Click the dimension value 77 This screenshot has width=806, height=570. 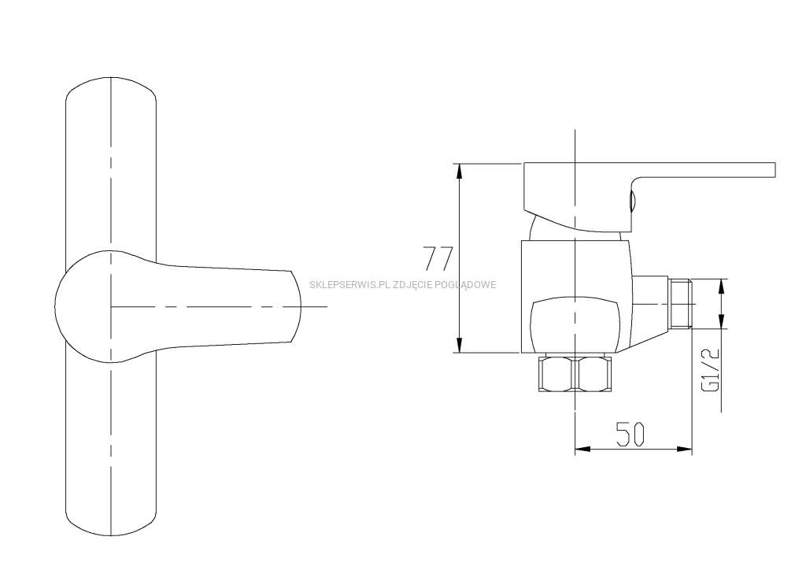(x=438, y=258)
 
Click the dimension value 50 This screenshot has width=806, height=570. (x=630, y=434)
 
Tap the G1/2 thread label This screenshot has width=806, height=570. (x=710, y=369)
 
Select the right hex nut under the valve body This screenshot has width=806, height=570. (x=594, y=374)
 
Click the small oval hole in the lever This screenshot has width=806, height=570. (x=632, y=200)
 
